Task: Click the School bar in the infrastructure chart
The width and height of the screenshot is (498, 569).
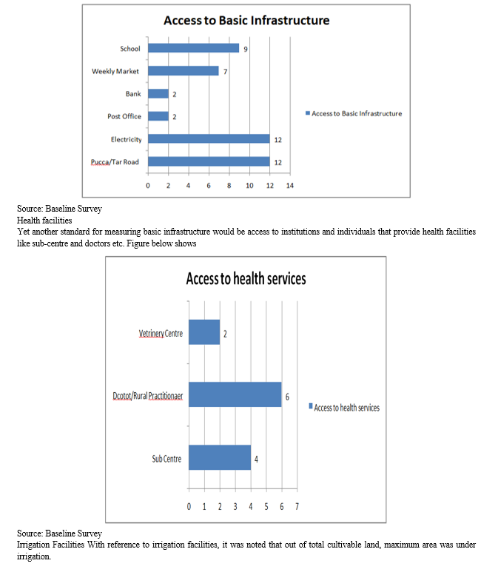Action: pos(193,48)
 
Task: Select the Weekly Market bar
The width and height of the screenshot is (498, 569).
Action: pos(184,71)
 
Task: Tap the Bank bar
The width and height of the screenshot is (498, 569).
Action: pos(158,94)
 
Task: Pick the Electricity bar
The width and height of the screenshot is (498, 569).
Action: pos(209,138)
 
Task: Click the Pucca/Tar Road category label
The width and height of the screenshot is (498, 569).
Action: pos(115,162)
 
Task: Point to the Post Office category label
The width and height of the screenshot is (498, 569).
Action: pos(124,116)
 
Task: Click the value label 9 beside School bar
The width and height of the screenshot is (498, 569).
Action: pos(246,49)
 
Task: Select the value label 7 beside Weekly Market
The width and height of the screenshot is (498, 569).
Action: pos(226,72)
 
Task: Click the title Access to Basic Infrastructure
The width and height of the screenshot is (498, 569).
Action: pos(246,20)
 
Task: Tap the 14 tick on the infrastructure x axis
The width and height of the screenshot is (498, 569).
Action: pos(289,186)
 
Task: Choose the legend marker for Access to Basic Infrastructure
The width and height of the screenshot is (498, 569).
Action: pos(308,113)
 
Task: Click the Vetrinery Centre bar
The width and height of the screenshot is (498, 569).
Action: pos(204,332)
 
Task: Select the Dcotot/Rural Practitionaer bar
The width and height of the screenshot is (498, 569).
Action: pos(235,394)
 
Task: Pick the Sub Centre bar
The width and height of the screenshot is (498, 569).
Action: pos(220,457)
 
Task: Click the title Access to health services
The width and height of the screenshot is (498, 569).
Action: pos(246,279)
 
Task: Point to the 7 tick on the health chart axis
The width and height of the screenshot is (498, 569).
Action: pos(297,507)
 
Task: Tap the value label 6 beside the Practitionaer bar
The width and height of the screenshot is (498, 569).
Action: pos(287,397)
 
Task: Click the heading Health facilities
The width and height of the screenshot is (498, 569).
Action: pos(44,220)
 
